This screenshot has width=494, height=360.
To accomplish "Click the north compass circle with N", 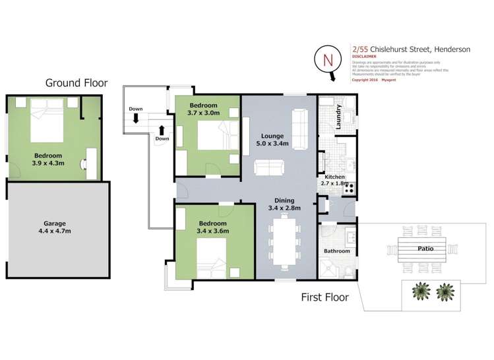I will coord(328,60).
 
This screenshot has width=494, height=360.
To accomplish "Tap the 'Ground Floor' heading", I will coord(76,83).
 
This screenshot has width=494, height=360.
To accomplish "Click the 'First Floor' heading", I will coord(324,297).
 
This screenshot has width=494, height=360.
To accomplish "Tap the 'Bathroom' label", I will coord(336,251).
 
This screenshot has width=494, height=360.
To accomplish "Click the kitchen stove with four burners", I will coord(349,187).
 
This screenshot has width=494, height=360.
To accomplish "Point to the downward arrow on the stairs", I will coord(135,118).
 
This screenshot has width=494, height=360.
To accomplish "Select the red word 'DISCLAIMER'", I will coord(365,56).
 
